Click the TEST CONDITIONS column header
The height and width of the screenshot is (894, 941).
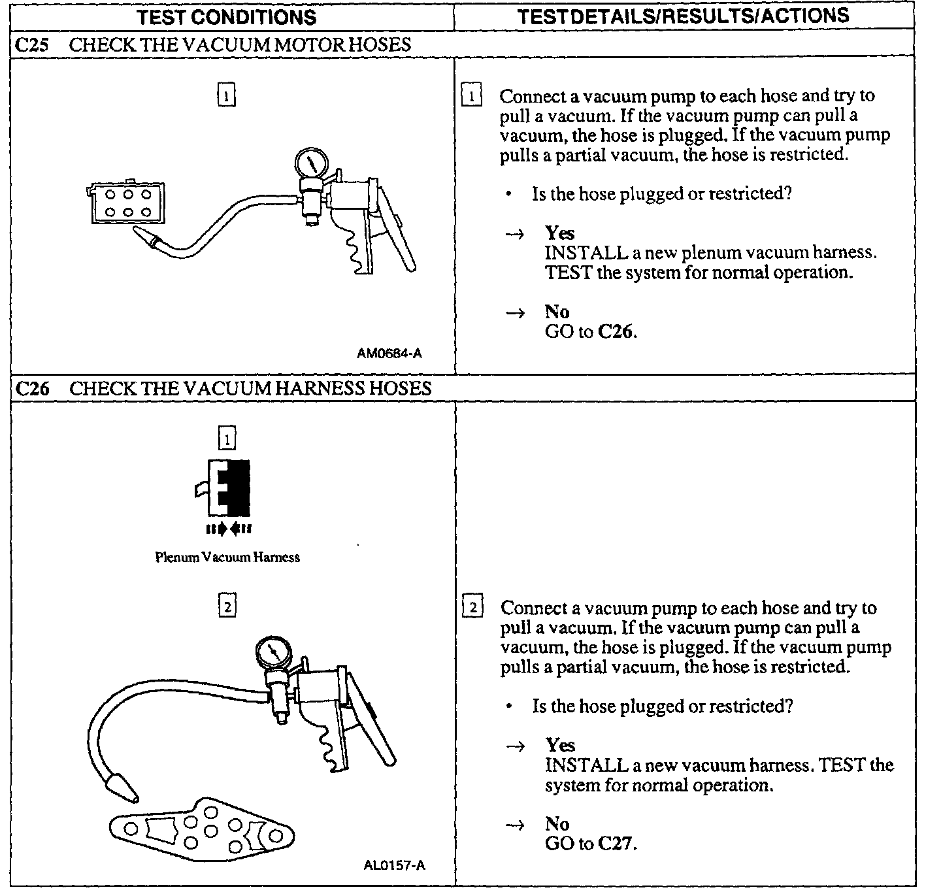pos(227,17)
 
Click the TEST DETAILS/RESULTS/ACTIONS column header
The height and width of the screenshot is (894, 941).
pos(683,16)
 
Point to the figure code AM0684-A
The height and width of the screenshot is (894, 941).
pos(389,354)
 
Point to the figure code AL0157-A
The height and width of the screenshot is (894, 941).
pos(394,866)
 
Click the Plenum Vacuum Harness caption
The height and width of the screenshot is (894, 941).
pos(227,557)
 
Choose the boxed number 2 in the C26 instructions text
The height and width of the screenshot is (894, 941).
pos(472,607)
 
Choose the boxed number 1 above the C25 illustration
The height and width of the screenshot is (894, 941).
pos(225,96)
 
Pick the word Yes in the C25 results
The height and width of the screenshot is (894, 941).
pos(560,233)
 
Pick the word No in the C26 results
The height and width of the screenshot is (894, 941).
pos(557,824)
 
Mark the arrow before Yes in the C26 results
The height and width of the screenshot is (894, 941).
pos(516,746)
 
